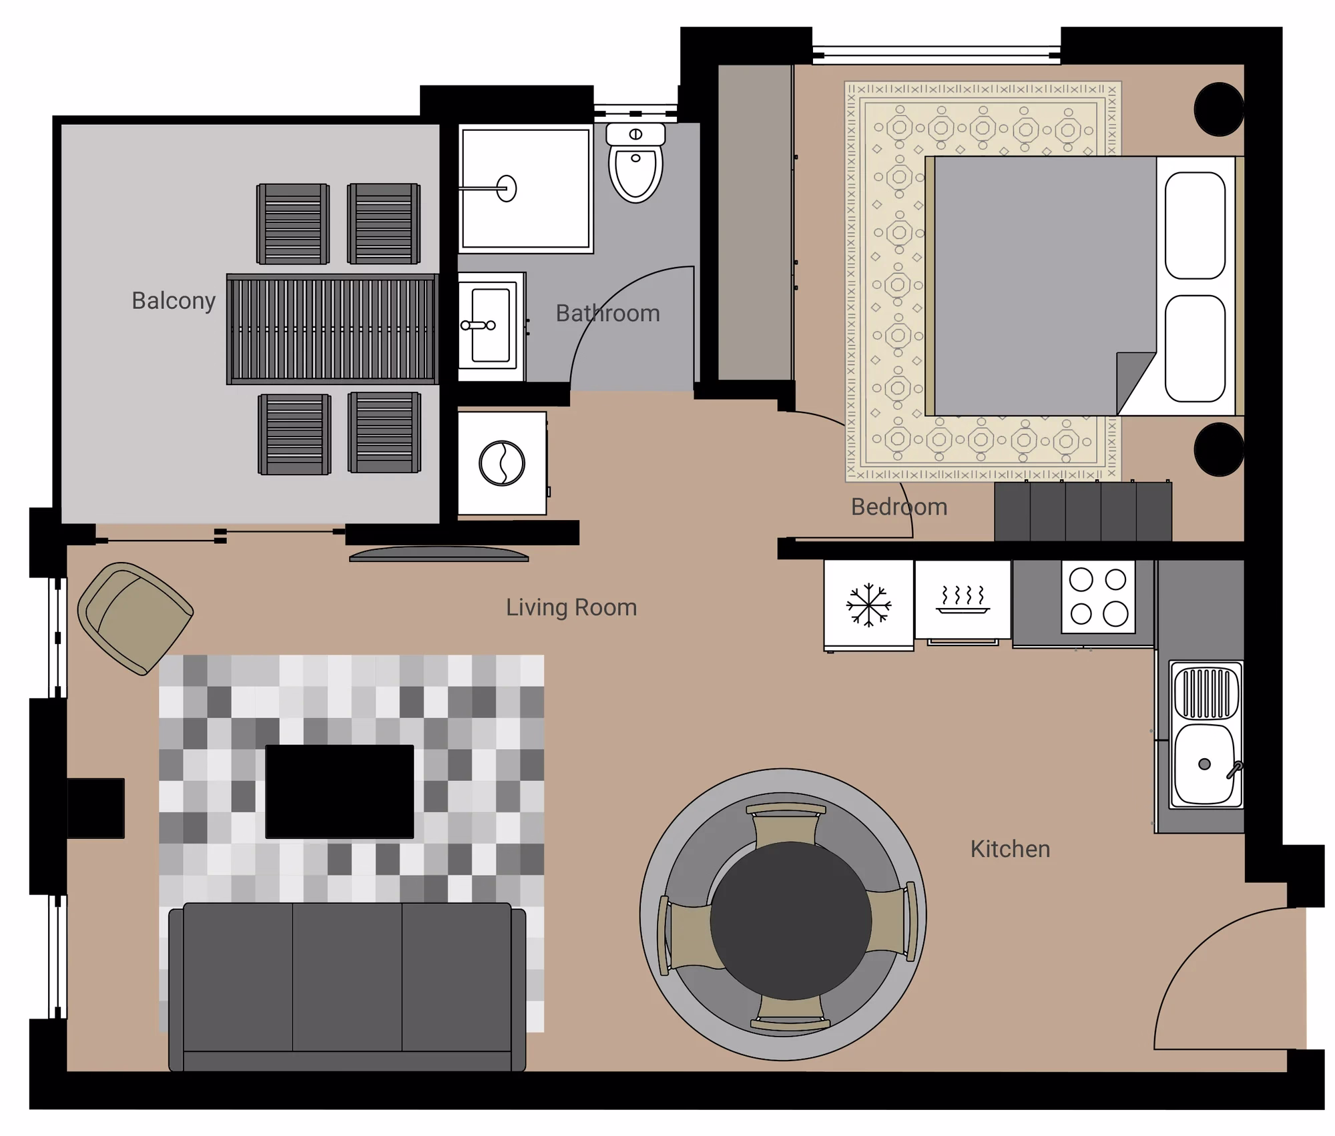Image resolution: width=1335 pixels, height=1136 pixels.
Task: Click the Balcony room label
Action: pyautogui.click(x=174, y=301)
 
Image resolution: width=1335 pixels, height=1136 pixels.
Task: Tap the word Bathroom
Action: pyautogui.click(x=607, y=313)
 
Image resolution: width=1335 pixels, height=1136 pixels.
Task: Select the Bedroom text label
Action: pyautogui.click(x=899, y=507)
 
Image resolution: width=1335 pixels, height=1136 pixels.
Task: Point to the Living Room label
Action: pyautogui.click(x=571, y=607)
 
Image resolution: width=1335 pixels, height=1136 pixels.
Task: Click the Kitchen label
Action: pyautogui.click(x=1010, y=849)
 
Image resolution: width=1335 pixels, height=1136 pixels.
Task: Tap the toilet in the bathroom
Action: pyautogui.click(x=635, y=162)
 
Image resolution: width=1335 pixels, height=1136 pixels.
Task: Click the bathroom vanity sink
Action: pyautogui.click(x=491, y=326)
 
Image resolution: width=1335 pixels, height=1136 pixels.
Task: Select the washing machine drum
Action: pyautogui.click(x=502, y=463)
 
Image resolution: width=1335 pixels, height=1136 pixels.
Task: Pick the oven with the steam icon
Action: pyautogui.click(x=963, y=600)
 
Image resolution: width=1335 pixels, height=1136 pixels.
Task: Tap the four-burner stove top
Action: pyautogui.click(x=1098, y=597)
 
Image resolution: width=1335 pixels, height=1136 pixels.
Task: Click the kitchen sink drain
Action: pyautogui.click(x=1204, y=764)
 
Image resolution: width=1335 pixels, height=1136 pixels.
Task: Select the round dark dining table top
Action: pyautogui.click(x=790, y=920)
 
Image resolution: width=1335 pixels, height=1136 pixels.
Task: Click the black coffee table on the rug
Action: pyautogui.click(x=340, y=792)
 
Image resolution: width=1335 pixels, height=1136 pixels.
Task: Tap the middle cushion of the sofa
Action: pyautogui.click(x=347, y=976)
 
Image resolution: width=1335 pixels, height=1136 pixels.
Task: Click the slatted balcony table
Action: pyautogui.click(x=332, y=329)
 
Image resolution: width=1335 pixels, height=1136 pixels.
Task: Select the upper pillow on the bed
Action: pyautogui.click(x=1195, y=226)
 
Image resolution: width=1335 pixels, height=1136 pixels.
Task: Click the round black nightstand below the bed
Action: pyautogui.click(x=1219, y=449)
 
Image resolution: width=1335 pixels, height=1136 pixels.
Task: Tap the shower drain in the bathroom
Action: pyautogui.click(x=507, y=189)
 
